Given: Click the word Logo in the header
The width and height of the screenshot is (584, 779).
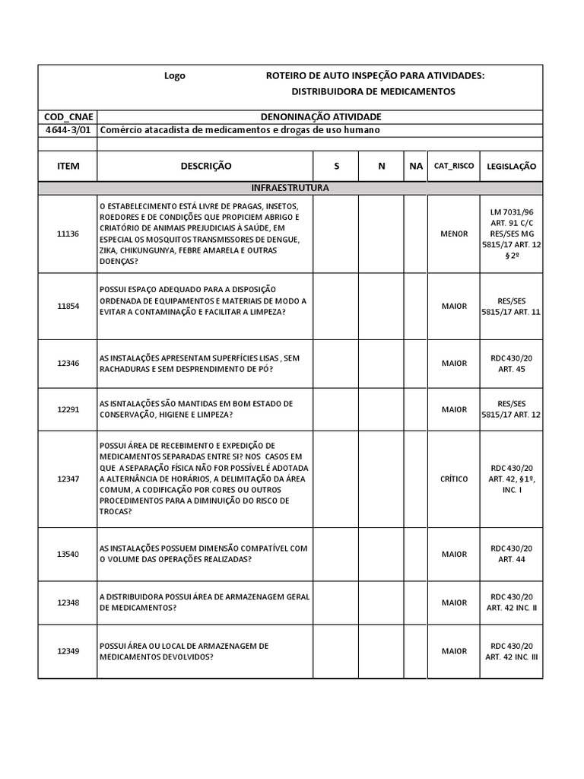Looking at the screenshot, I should point(175,76).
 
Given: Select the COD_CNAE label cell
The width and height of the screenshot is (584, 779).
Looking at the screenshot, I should point(68,116).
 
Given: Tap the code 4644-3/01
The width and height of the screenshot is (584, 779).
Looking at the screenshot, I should point(68,130).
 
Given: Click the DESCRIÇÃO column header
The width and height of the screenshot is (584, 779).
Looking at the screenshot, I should point(205,166).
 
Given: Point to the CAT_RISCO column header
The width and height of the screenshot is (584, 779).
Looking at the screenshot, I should point(453,166).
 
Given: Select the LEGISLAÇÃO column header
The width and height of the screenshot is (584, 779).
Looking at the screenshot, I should point(510,166).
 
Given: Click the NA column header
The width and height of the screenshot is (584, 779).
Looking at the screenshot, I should point(415,166).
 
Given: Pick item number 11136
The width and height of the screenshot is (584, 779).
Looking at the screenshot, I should point(68,234).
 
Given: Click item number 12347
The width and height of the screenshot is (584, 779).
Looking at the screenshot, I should point(68,479).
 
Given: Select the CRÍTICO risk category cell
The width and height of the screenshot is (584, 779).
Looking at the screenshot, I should point(454,479).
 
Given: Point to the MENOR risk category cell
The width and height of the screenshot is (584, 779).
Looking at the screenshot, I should point(454,234).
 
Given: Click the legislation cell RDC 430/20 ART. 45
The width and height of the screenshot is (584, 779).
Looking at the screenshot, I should point(510,363).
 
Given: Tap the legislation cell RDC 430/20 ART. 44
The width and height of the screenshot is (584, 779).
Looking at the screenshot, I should point(510,554).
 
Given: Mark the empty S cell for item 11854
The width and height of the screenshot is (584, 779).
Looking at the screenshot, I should point(336,307).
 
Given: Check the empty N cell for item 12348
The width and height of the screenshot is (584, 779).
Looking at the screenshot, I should point(381,603).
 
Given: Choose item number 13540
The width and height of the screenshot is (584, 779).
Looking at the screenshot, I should point(68,554).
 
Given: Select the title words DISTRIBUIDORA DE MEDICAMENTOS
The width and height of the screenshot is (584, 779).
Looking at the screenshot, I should point(373,91).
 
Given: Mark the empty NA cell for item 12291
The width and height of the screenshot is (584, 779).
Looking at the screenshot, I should point(415,409).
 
